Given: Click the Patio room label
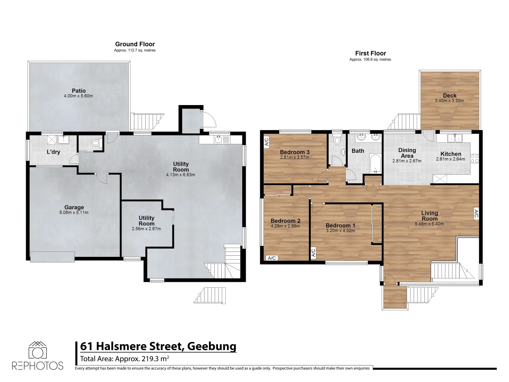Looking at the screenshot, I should (x=78, y=91).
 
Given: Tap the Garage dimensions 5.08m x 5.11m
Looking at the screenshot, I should (x=74, y=213).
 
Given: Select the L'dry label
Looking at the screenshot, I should (x=53, y=152).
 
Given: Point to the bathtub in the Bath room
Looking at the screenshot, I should (x=375, y=163).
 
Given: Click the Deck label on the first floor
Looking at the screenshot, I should (x=450, y=95).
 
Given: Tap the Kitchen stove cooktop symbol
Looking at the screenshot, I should (x=475, y=159).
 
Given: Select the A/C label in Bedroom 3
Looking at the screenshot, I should (x=267, y=142).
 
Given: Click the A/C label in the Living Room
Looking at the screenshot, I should (x=476, y=214).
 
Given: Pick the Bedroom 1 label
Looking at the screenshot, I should (x=340, y=226).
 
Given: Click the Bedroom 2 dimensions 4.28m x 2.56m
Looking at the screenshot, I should (x=285, y=226).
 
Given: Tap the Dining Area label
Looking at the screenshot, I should (x=407, y=153).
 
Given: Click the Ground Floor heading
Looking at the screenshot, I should (x=135, y=44).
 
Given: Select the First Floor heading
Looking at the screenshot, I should (x=370, y=53).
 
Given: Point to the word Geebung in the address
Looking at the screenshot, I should (x=212, y=346).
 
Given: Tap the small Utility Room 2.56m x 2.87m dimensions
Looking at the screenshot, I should (x=146, y=229).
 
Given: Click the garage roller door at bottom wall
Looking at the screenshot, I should (x=52, y=256).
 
